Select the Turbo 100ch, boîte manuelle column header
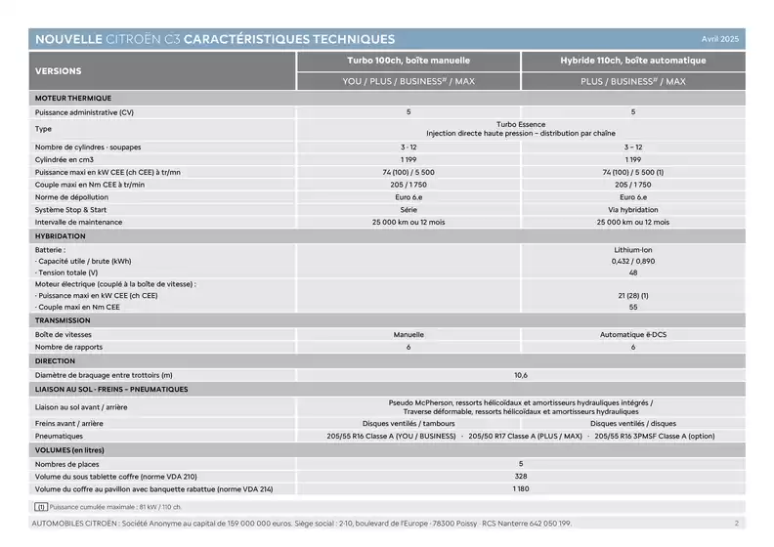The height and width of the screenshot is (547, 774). pyautogui.click(x=408, y=61)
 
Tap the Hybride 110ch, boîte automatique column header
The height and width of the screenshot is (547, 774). pyautogui.click(x=632, y=61)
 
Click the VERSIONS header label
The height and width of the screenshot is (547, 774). pyautogui.click(x=59, y=71)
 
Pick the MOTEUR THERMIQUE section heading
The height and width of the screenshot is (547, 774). pyautogui.click(x=73, y=99)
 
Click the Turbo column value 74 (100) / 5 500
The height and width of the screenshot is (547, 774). pyautogui.click(x=408, y=172)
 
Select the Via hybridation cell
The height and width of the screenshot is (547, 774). pyautogui.click(x=632, y=210)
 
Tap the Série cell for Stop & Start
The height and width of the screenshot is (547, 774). pyautogui.click(x=408, y=210)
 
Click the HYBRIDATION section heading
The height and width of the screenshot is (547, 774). pyautogui.click(x=61, y=236)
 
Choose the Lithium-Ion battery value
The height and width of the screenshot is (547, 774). pyautogui.click(x=632, y=250)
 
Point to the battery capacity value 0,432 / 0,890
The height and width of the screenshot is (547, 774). pyautogui.click(x=632, y=261)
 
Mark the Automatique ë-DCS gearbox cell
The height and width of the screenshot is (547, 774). pyautogui.click(x=632, y=334)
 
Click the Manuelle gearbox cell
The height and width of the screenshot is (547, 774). pyautogui.click(x=408, y=334)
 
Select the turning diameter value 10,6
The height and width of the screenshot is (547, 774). pyautogui.click(x=521, y=375)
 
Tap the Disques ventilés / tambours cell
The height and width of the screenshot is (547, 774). pyautogui.click(x=408, y=423)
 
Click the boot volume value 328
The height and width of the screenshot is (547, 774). pyautogui.click(x=521, y=476)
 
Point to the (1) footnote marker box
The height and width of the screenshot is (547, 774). pyautogui.click(x=41, y=507)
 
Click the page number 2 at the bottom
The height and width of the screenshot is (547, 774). pyautogui.click(x=736, y=523)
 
